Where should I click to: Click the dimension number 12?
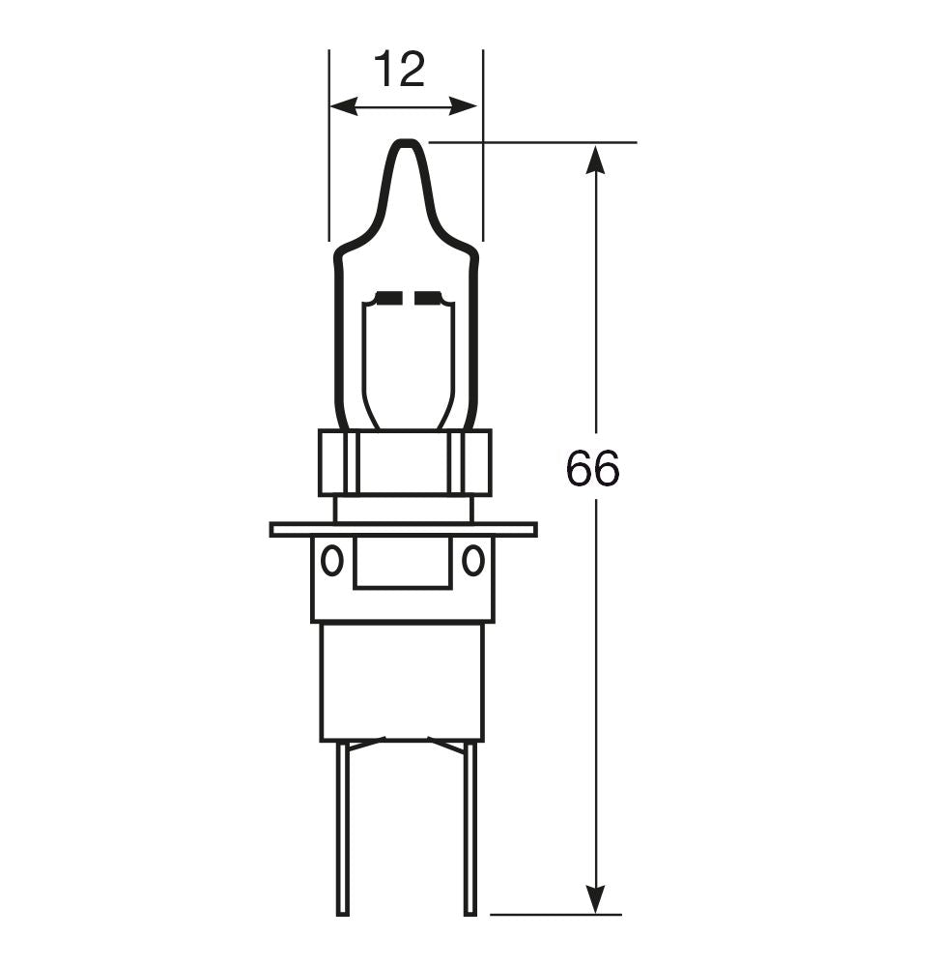click(x=399, y=71)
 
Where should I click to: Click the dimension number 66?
click(x=592, y=469)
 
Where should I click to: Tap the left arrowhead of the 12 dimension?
click(x=338, y=106)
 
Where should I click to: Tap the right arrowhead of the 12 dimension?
click(x=470, y=106)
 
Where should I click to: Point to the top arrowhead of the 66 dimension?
click(x=596, y=157)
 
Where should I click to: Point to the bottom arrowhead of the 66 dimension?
click(x=596, y=901)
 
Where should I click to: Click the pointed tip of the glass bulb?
click(x=406, y=145)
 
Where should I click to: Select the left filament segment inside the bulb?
click(x=388, y=297)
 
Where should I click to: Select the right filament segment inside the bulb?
click(x=426, y=297)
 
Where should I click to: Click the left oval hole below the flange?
click(x=331, y=560)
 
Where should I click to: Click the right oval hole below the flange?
click(x=472, y=560)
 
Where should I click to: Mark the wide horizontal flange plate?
click(x=403, y=529)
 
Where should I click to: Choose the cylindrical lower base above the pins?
click(x=402, y=682)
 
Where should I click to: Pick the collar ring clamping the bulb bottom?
click(x=404, y=462)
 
